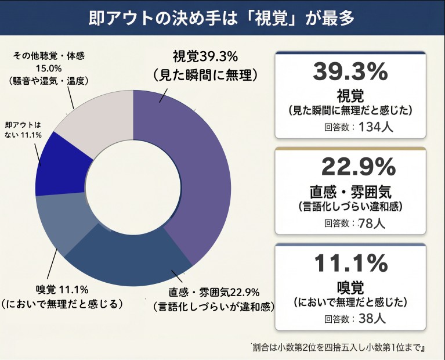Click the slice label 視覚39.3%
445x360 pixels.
tap(205, 57)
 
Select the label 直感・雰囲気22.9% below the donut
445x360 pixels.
tap(214, 291)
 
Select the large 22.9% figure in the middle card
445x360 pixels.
tap(350, 168)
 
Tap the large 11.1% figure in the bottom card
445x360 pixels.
tap(350, 264)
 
